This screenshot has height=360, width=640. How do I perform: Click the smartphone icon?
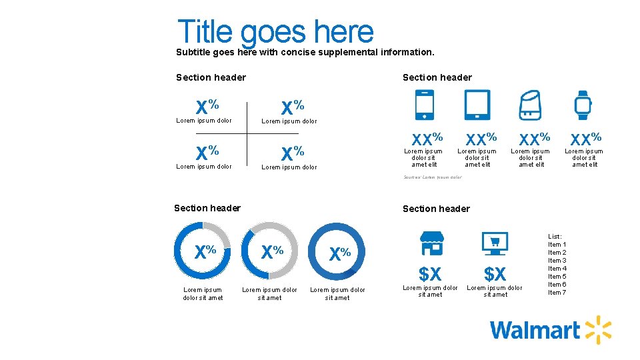click(x=425, y=105)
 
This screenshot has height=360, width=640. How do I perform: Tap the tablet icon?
click(x=477, y=105)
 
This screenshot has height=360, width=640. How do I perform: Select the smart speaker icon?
click(x=530, y=105)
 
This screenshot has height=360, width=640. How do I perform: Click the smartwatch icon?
click(x=583, y=105)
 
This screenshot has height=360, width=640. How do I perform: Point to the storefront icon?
click(x=431, y=243)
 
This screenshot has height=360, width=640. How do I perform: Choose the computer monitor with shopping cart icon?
click(x=495, y=243)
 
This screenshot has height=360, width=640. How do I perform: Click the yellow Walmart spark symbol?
click(x=598, y=330)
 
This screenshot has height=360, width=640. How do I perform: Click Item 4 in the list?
click(x=557, y=269)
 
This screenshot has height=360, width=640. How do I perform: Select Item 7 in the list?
click(x=557, y=293)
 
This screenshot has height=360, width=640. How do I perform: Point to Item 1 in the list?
click(x=557, y=245)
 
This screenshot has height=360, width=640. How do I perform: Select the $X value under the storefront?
click(x=430, y=273)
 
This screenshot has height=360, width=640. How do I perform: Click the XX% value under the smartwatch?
click(x=585, y=139)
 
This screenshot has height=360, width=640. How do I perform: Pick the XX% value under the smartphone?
click(x=427, y=139)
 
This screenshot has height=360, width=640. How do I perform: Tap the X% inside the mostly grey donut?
click(x=272, y=252)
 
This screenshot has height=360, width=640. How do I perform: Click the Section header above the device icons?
click(x=437, y=77)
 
